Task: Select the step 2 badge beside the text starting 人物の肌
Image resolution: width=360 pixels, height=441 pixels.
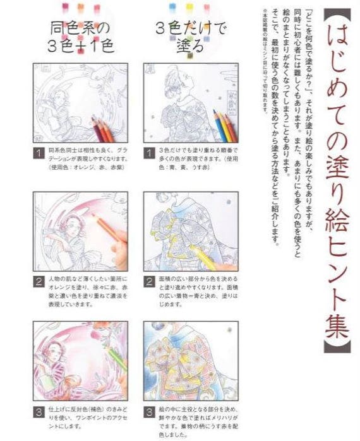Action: [39, 280]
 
